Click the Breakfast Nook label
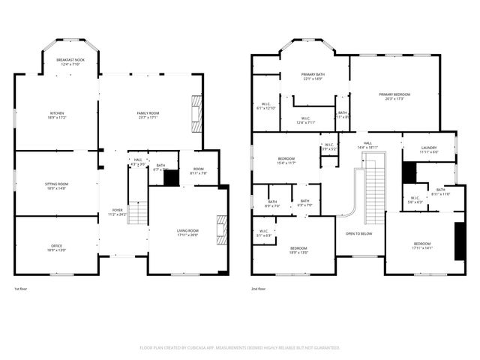70,59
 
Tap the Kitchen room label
57,113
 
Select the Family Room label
148,113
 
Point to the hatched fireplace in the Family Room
196,113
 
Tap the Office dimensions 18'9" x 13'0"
57,249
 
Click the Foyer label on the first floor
118,210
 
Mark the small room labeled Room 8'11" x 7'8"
198,171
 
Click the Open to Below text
359,233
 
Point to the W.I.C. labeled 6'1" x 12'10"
265,106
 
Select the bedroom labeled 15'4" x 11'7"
286,160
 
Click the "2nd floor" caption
259,288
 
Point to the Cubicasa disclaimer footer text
240,347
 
